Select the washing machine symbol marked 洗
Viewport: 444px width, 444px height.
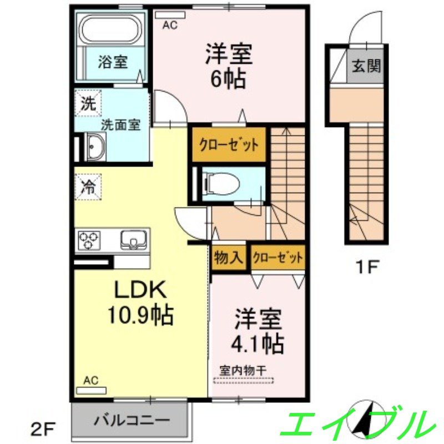pyautogui.click(x=88, y=103)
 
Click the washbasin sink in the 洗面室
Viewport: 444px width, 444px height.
pyautogui.click(x=95, y=148)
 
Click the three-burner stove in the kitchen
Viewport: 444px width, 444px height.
pyautogui.click(x=89, y=240)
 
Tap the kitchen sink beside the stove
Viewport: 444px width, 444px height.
pyautogui.click(x=133, y=240)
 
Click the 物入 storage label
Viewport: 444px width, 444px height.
pyautogui.click(x=228, y=258)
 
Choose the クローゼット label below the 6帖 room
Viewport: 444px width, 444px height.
pyautogui.click(x=229, y=145)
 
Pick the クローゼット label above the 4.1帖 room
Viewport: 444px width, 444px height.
pyautogui.click(x=277, y=258)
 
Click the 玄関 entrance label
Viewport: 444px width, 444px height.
pyautogui.click(x=366, y=66)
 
